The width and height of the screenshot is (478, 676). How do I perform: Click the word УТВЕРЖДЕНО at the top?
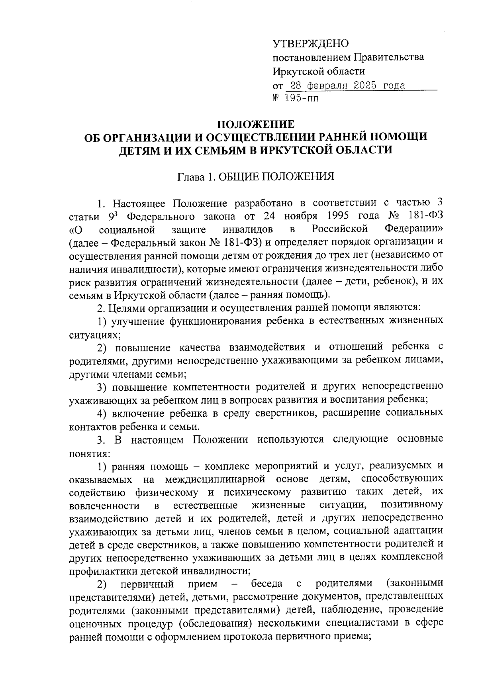(x=310, y=43)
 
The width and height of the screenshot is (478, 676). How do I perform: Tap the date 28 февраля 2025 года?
(x=347, y=86)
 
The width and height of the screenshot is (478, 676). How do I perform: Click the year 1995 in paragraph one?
(x=337, y=216)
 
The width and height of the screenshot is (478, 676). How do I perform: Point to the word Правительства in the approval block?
(x=389, y=57)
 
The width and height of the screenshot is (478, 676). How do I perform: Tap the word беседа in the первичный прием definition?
(x=266, y=584)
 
